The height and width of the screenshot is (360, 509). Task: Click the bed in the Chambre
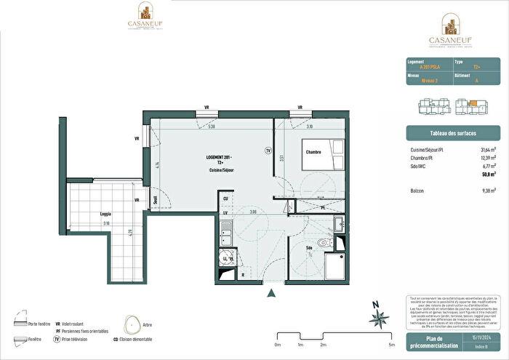point(321,153)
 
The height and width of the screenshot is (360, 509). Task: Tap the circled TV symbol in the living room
point(268,151)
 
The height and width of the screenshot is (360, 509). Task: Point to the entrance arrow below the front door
point(272,293)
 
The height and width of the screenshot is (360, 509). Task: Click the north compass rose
point(377,316)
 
